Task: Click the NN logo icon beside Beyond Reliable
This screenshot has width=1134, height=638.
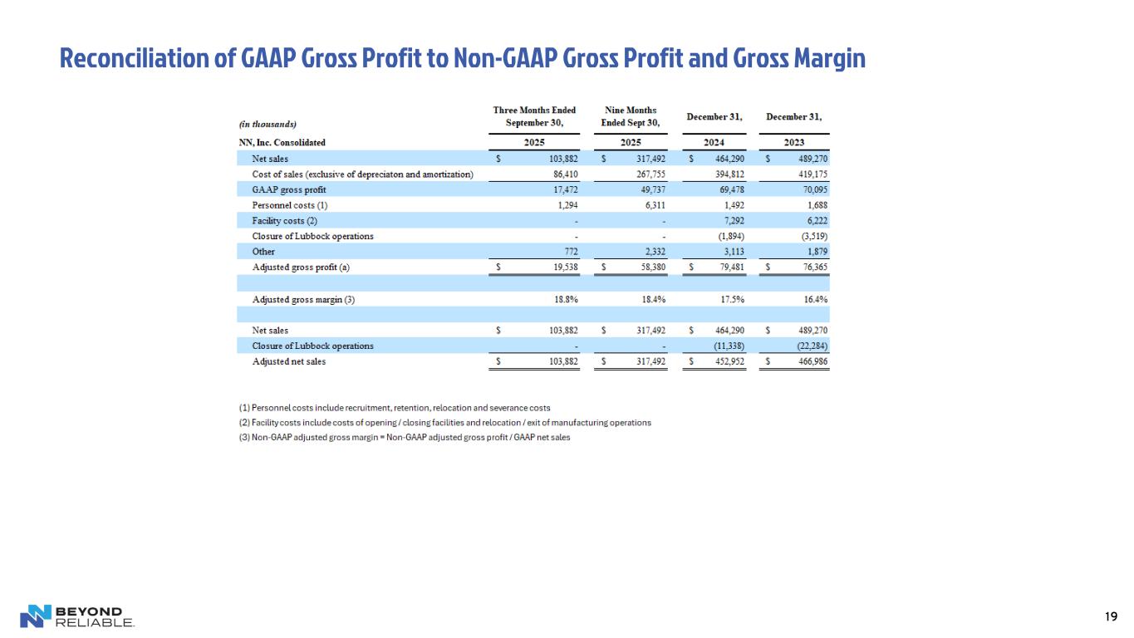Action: pyautogui.click(x=35, y=616)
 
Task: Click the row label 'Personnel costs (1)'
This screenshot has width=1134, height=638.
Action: pyautogui.click(x=285, y=204)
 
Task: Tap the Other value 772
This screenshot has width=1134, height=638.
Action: pyautogui.click(x=569, y=251)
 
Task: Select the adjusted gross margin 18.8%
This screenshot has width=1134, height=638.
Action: pyautogui.click(x=564, y=299)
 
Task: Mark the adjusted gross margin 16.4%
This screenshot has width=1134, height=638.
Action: pyautogui.click(x=814, y=299)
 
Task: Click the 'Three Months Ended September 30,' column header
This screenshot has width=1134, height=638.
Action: pyautogui.click(x=534, y=116)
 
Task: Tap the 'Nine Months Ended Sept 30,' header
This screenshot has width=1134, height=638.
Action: pyautogui.click(x=631, y=116)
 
